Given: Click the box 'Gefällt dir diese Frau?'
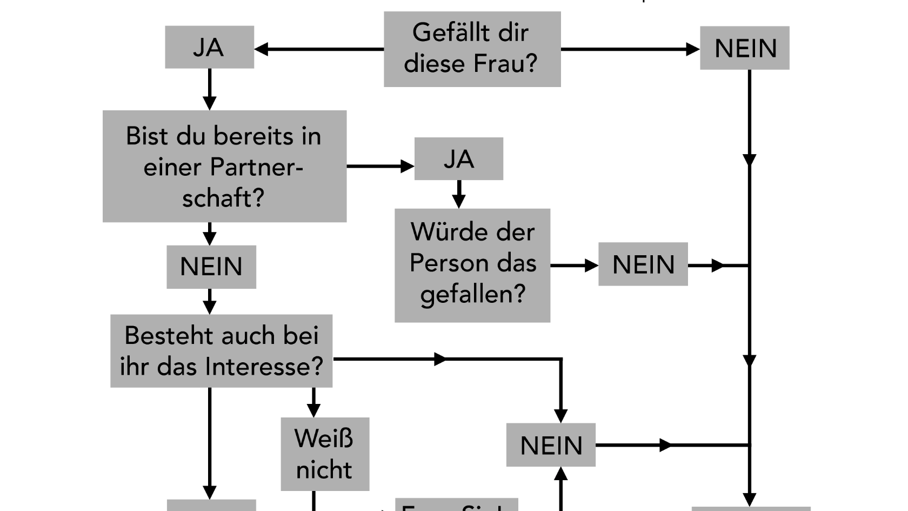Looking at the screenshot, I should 472,49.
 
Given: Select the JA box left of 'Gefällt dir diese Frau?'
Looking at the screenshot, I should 209,48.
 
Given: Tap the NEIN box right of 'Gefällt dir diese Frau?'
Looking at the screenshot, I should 744,48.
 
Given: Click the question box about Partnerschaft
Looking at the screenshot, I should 224,166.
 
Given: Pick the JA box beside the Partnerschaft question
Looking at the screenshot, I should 458,159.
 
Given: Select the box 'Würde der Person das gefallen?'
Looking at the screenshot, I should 472,265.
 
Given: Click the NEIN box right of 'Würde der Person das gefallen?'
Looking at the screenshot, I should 643,264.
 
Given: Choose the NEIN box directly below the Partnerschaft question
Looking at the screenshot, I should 211,267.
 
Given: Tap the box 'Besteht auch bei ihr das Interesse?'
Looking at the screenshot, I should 221,351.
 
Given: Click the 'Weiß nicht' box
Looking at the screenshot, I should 325,454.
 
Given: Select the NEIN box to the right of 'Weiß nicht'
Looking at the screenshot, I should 551,445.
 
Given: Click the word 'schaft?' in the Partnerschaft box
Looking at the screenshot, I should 223,197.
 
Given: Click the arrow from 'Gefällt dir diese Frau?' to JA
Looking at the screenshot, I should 319,49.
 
